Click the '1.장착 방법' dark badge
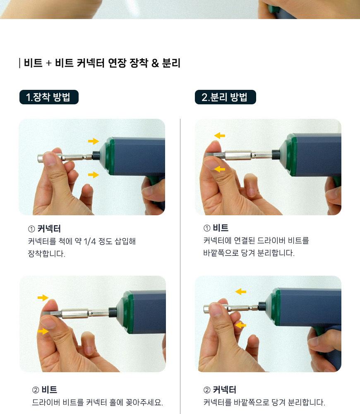(x=49, y=97)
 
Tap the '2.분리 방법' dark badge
(x=226, y=97)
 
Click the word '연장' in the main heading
(x=117, y=63)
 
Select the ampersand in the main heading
(x=155, y=63)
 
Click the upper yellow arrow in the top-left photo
(x=94, y=141)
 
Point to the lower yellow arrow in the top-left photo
(x=94, y=175)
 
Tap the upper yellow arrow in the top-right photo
(x=220, y=136)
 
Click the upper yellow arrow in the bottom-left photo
(x=43, y=298)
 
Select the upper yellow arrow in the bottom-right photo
(x=240, y=292)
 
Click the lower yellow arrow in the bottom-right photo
(x=240, y=325)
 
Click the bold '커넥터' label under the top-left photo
(x=49, y=229)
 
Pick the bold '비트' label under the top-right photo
(x=221, y=228)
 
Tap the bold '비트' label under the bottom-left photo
(x=49, y=390)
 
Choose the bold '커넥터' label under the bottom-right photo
(x=225, y=390)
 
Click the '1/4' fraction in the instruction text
(x=89, y=241)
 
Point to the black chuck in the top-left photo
(x=96, y=155)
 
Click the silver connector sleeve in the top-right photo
(x=238, y=155)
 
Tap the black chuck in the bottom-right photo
(x=262, y=306)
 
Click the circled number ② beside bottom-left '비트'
(x=36, y=390)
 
